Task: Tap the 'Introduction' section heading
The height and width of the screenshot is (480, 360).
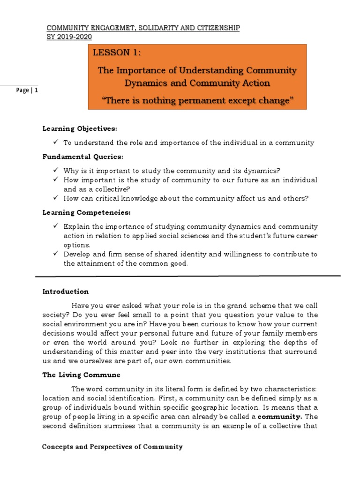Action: [65, 292]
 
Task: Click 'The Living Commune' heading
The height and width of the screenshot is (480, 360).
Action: [81, 375]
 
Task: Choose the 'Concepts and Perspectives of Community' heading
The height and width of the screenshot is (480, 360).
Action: [112, 447]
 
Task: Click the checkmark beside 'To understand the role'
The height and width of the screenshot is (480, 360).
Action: [56, 142]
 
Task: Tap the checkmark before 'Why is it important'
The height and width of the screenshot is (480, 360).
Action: [56, 170]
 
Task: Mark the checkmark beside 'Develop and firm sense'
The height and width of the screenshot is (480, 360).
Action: [56, 254]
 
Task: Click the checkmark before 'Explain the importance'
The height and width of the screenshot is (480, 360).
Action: [56, 226]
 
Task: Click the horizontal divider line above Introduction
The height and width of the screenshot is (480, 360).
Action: [197, 276]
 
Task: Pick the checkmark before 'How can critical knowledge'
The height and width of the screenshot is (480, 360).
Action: [56, 198]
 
